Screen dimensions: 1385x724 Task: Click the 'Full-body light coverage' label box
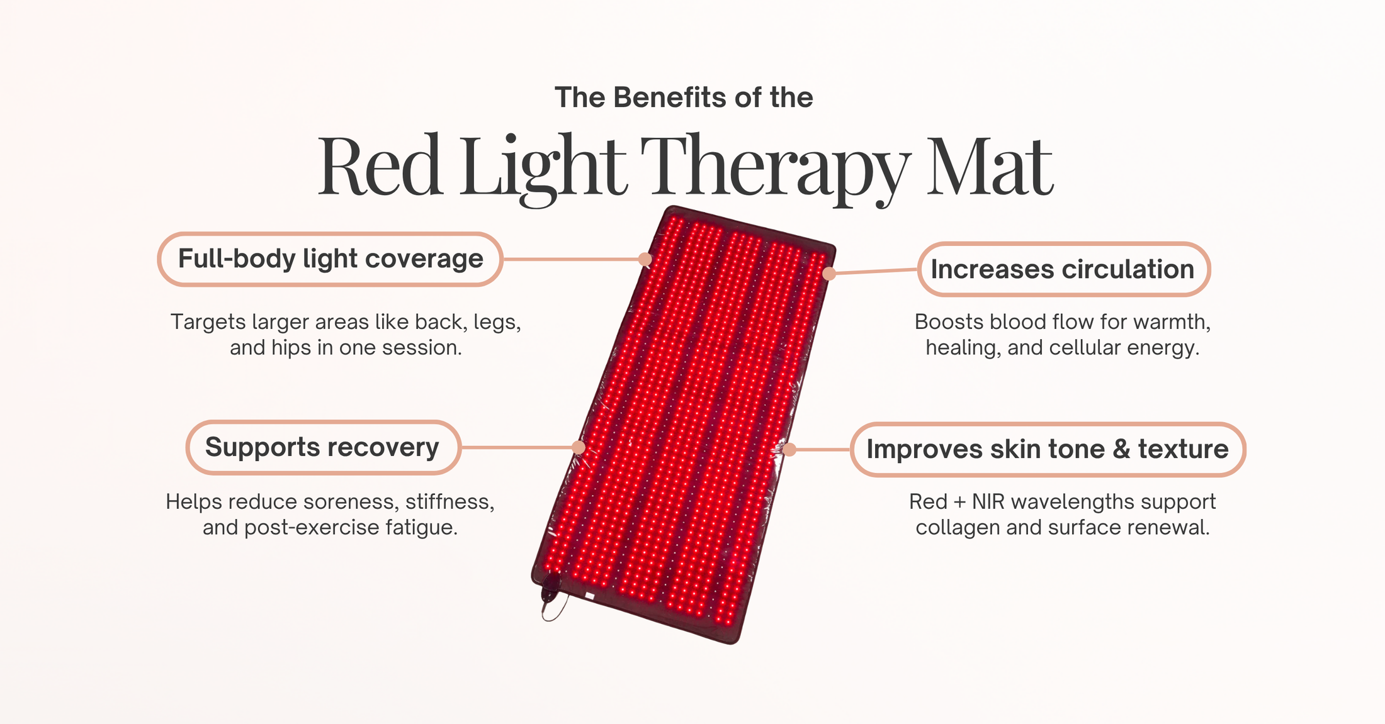[330, 259]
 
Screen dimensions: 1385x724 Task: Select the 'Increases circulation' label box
[1063, 269]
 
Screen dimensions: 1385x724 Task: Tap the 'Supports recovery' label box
[323, 447]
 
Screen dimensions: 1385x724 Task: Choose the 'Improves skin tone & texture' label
[1048, 449]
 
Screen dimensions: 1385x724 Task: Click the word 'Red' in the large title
[379, 165]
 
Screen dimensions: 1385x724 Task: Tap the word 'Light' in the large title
[543, 169]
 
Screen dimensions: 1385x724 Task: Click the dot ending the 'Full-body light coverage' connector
[645, 259]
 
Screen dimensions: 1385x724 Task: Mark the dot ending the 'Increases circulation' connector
[829, 274]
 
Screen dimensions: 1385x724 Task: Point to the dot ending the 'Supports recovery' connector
[579, 447]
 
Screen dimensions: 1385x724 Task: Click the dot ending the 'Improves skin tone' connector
[789, 449]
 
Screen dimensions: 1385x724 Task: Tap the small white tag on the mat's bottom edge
[590, 595]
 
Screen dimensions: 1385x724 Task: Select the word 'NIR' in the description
[988, 502]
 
